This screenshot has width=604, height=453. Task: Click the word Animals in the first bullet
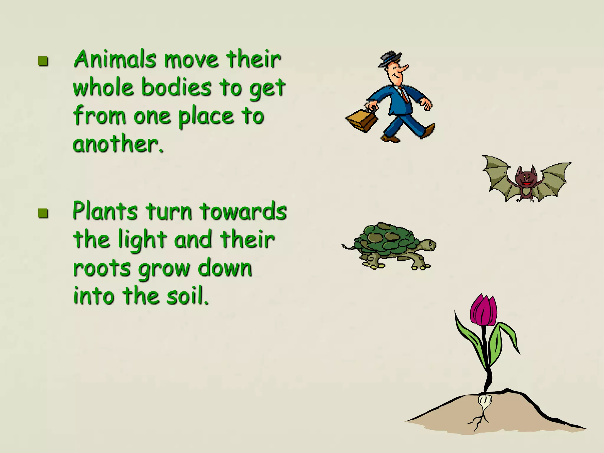(x=115, y=59)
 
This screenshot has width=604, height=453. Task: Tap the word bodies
(x=176, y=88)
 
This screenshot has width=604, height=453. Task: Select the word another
(x=117, y=144)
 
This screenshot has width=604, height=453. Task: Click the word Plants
(x=105, y=211)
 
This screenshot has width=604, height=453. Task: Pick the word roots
(x=101, y=268)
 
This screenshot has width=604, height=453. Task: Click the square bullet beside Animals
(x=43, y=61)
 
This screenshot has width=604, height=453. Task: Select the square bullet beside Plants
(x=43, y=213)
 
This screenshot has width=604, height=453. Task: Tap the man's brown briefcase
(x=362, y=120)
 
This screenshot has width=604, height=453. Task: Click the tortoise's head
(x=427, y=245)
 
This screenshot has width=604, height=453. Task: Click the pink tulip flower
(x=484, y=311)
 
